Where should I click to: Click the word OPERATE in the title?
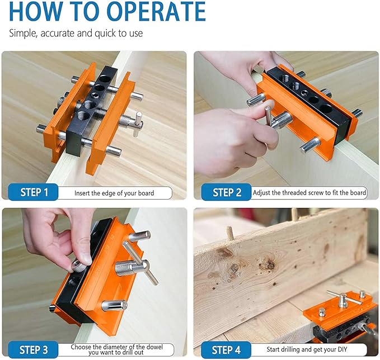pos(156,11)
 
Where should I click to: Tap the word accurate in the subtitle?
pos(57,33)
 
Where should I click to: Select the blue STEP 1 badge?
pos(34,192)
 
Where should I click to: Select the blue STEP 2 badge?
pos(226,192)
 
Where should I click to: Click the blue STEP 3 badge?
pos(34,350)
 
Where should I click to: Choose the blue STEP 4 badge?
pos(226,350)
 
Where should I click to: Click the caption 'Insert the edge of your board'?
pos(114,193)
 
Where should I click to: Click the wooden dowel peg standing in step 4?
pos(230,233)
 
